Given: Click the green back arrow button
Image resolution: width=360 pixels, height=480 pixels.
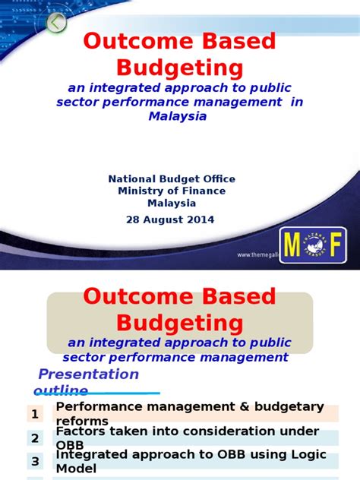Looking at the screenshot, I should click(56, 23).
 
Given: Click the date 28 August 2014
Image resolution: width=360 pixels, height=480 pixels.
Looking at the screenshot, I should click(170, 219).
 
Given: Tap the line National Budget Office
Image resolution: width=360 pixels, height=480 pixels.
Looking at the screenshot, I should click(172, 178).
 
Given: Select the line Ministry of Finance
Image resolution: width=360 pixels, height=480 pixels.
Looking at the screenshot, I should click(172, 191).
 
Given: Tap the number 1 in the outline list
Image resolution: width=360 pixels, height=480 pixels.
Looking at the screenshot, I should click(35, 414).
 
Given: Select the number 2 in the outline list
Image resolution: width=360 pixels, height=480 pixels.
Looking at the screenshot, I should click(35, 438).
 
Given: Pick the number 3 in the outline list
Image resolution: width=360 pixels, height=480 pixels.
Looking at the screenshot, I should click(35, 462).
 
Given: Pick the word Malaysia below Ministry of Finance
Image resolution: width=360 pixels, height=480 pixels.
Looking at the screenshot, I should click(172, 203).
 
